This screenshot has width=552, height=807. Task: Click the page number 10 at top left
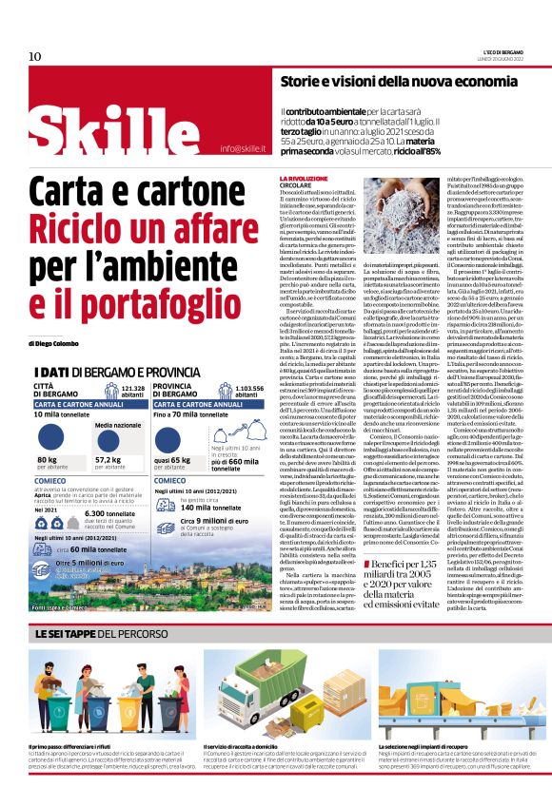[x=35, y=57]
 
